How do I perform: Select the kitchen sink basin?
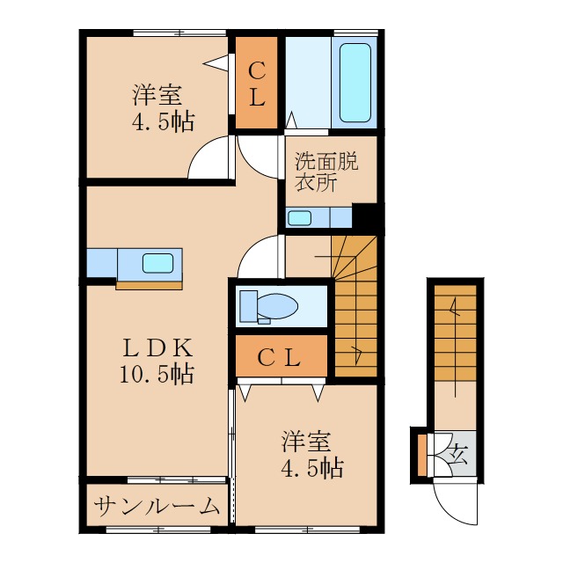(158, 262)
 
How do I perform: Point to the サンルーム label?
(157, 507)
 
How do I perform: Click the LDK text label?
(157, 347)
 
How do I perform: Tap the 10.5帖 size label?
(157, 374)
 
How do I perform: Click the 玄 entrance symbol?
(458, 453)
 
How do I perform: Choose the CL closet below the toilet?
(280, 357)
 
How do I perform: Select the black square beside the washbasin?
(364, 216)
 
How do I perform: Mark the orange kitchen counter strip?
(149, 283)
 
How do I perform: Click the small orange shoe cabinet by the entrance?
(422, 453)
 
